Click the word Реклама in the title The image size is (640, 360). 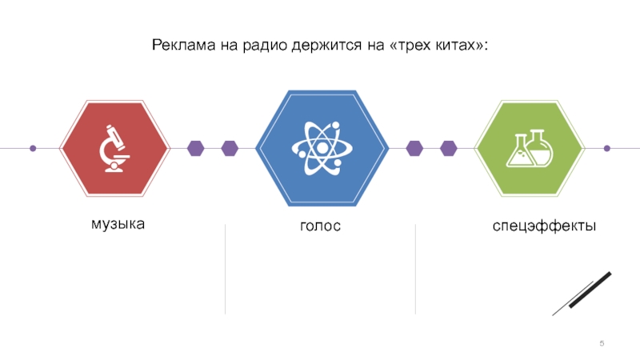coord(179,45)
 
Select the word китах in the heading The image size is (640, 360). coord(451,45)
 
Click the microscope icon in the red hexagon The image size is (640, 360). coord(114,148)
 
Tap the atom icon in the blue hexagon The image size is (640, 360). coord(322,148)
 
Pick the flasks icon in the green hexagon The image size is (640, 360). coord(529,148)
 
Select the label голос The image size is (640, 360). coord(321,227)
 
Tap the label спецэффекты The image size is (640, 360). coord(544,227)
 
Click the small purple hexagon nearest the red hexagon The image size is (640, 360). coord(196,148)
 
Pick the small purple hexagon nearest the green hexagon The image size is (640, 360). coord(448,148)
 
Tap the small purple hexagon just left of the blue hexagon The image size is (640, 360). coord(230,148)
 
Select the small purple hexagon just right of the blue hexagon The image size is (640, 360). coord(414,148)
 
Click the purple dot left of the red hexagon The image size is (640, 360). coord(33,148)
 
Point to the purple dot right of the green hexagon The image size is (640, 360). coord(606,148)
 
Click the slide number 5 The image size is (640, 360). coord(602,344)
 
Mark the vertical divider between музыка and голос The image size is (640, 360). coord(225,269)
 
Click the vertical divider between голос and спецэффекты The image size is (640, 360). coord(415,269)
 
